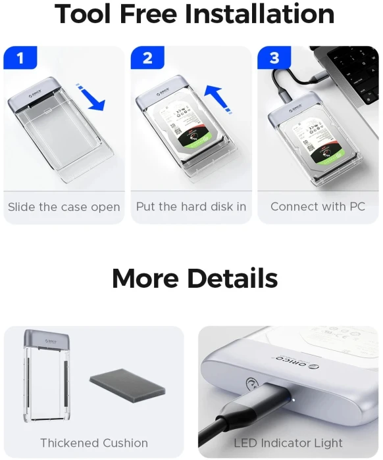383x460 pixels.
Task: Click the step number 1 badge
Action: (x=20, y=58)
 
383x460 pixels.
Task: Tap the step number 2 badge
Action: (x=147, y=58)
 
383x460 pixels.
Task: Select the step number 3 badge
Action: (x=274, y=58)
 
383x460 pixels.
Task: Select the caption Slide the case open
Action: (x=64, y=207)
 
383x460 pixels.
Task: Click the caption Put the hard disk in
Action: (x=191, y=207)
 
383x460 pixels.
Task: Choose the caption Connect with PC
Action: (x=318, y=207)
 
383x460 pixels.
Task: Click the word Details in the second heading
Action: (x=226, y=279)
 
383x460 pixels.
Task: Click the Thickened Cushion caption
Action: (x=94, y=443)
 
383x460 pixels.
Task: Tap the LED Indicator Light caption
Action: (x=288, y=443)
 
